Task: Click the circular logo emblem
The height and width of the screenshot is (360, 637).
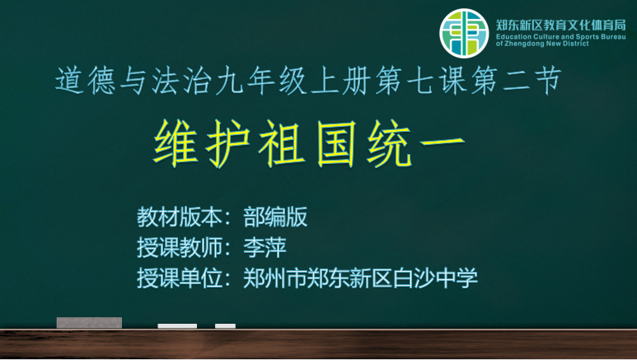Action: (x=464, y=33)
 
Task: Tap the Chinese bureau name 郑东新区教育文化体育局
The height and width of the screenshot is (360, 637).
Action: (x=560, y=26)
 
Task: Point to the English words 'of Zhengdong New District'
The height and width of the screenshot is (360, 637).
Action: (x=542, y=44)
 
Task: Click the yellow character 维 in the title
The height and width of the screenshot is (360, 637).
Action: (x=176, y=143)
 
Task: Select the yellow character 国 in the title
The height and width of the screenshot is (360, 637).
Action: (x=336, y=144)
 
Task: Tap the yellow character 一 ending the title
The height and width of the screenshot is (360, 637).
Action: (x=442, y=143)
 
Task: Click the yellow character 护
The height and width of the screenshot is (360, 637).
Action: (x=227, y=144)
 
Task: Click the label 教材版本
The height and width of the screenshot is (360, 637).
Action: (x=179, y=217)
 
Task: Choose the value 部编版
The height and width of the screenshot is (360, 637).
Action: (x=275, y=217)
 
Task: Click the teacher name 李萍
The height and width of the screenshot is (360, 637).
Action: (x=265, y=247)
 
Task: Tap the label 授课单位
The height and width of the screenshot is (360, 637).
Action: (x=179, y=278)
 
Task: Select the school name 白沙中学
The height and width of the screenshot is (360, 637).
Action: (x=435, y=278)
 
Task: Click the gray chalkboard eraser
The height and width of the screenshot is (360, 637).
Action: (x=89, y=323)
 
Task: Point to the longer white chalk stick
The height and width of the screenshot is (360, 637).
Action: (x=177, y=326)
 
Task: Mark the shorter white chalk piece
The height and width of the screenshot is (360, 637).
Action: (x=226, y=326)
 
